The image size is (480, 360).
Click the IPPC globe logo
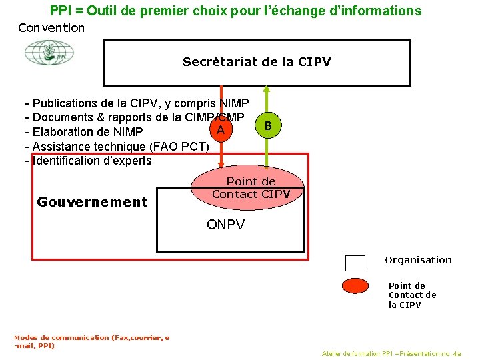pyautogui.click(x=49, y=53)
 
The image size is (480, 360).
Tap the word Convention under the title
pyautogui.click(x=51, y=28)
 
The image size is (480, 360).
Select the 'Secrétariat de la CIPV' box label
pyautogui.click(x=257, y=63)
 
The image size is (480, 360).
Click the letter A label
pyautogui.click(x=219, y=129)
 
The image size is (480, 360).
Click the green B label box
pyautogui.click(x=267, y=125)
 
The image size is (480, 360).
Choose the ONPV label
pyautogui.click(x=225, y=225)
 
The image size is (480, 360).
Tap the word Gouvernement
pyautogui.click(x=92, y=202)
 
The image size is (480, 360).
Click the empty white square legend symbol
pyautogui.click(x=355, y=263)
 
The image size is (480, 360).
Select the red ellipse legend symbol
pyautogui.click(x=364, y=286)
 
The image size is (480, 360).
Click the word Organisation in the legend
pyautogui.click(x=418, y=260)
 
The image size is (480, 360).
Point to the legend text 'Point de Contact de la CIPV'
pyautogui.click(x=412, y=295)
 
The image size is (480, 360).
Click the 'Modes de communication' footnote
pyautogui.click(x=91, y=341)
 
